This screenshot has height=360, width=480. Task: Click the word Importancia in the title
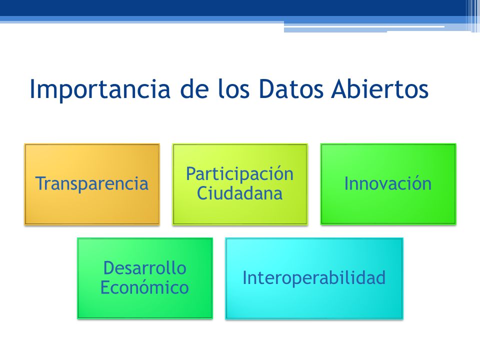tap(100, 89)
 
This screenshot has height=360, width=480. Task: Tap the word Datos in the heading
tap(291, 89)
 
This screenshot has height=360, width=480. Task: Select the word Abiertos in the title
tap(379, 89)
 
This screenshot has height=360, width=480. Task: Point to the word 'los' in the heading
tap(233, 89)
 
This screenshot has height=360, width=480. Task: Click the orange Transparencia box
tap(92, 184)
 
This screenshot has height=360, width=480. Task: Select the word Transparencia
tap(92, 183)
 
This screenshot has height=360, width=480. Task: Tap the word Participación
tap(239, 174)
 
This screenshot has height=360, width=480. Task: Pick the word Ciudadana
tap(239, 193)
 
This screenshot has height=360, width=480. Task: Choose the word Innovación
tap(388, 183)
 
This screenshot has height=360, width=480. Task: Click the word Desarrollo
tap(145, 268)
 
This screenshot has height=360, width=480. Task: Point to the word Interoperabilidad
tap(314, 277)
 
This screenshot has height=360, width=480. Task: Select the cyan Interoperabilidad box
tap(314, 278)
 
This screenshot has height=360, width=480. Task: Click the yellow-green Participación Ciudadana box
tap(240, 184)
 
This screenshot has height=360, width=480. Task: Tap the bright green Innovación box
tap(388, 184)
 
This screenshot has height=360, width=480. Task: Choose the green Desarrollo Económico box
tap(145, 278)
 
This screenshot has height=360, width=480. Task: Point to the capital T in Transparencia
tap(40, 183)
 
